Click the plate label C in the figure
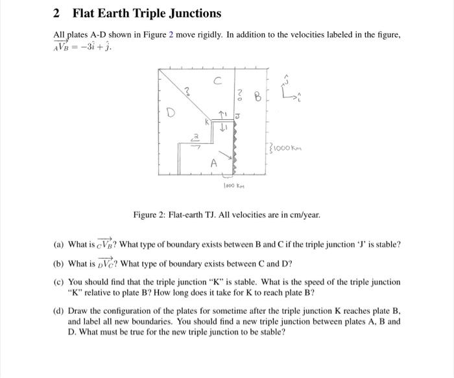coord(218,80)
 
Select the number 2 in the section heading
coord(56,13)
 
